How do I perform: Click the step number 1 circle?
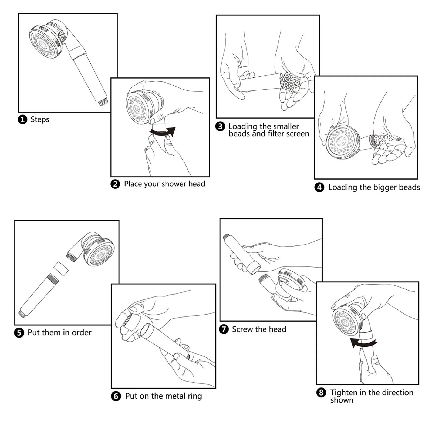point(22,119)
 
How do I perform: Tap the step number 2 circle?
point(115,184)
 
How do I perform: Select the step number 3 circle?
point(220,126)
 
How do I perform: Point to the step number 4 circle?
point(319,187)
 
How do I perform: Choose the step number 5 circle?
point(19,333)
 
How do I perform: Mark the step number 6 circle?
point(116,396)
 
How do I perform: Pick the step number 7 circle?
point(224,329)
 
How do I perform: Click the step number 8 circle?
point(321,393)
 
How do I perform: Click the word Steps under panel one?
point(40,119)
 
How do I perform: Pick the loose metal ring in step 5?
point(61,269)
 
